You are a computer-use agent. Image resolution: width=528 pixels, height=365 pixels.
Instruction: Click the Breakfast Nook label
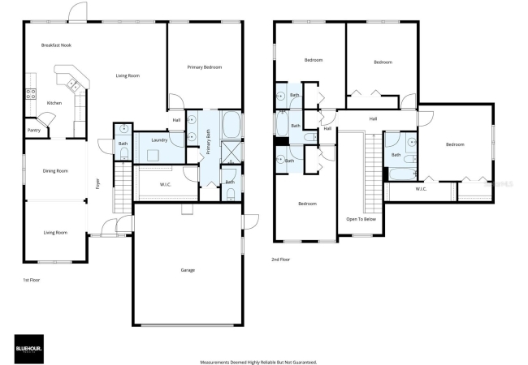coord(56,45)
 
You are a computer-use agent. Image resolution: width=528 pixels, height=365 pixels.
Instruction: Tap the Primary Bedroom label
coord(205,67)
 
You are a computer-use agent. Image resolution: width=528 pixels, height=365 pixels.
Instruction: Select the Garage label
coord(188,270)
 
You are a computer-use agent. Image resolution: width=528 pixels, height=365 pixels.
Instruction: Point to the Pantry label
coord(33,130)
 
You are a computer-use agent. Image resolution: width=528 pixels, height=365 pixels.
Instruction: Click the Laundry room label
coord(159,140)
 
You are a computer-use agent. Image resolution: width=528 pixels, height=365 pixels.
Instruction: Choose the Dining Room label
coord(55,170)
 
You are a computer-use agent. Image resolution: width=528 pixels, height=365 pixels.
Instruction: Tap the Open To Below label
coord(361,219)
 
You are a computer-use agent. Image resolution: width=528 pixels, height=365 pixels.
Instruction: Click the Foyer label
coord(97,183)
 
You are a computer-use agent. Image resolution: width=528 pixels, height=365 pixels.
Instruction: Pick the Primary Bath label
coord(208,141)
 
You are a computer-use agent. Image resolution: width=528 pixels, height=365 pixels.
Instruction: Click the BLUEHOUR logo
coord(29,349)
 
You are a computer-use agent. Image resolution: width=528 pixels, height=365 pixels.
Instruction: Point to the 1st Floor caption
coord(32,280)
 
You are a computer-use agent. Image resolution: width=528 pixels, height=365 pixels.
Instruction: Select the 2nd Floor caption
coord(280,260)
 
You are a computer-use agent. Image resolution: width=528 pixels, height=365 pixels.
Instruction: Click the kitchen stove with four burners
coord(31,94)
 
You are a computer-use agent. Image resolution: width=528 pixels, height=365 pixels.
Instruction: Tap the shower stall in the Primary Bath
coord(232,152)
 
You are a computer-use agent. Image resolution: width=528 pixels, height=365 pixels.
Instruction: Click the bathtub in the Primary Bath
coord(232,125)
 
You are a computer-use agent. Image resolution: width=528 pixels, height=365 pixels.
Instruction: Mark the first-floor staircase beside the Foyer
coord(123,187)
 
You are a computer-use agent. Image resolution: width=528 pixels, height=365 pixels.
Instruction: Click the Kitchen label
coord(54,103)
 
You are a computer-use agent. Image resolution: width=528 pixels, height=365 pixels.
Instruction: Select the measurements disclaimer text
coord(258,363)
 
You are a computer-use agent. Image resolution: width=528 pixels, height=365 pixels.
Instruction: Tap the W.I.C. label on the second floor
coord(421,189)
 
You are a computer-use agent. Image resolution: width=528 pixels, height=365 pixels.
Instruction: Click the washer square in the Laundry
coord(153,156)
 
